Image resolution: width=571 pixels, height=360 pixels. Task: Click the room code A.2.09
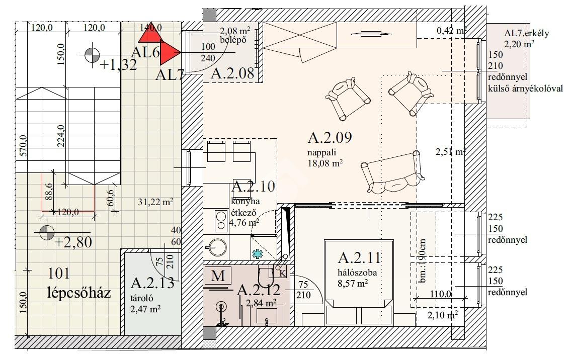330,138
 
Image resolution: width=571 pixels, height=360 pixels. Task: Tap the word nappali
321,152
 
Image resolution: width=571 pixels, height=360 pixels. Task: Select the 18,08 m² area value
325,163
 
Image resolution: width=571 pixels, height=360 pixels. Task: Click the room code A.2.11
359,258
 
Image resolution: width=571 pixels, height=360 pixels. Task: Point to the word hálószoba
357,273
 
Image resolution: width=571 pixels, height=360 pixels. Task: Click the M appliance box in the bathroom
218,276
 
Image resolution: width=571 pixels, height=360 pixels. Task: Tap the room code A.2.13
152,283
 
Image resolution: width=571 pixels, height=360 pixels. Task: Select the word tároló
142,299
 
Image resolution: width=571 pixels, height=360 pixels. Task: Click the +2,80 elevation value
73,242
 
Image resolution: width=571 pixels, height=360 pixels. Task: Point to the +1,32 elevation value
118,65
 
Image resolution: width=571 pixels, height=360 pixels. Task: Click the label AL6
145,52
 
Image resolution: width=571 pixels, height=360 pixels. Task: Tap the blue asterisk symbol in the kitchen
258,253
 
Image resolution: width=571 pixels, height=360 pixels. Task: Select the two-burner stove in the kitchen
221,221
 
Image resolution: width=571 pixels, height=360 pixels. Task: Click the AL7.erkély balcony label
527,33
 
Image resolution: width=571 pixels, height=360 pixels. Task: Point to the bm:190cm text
423,260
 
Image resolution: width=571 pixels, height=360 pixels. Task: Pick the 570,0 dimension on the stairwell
23,146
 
